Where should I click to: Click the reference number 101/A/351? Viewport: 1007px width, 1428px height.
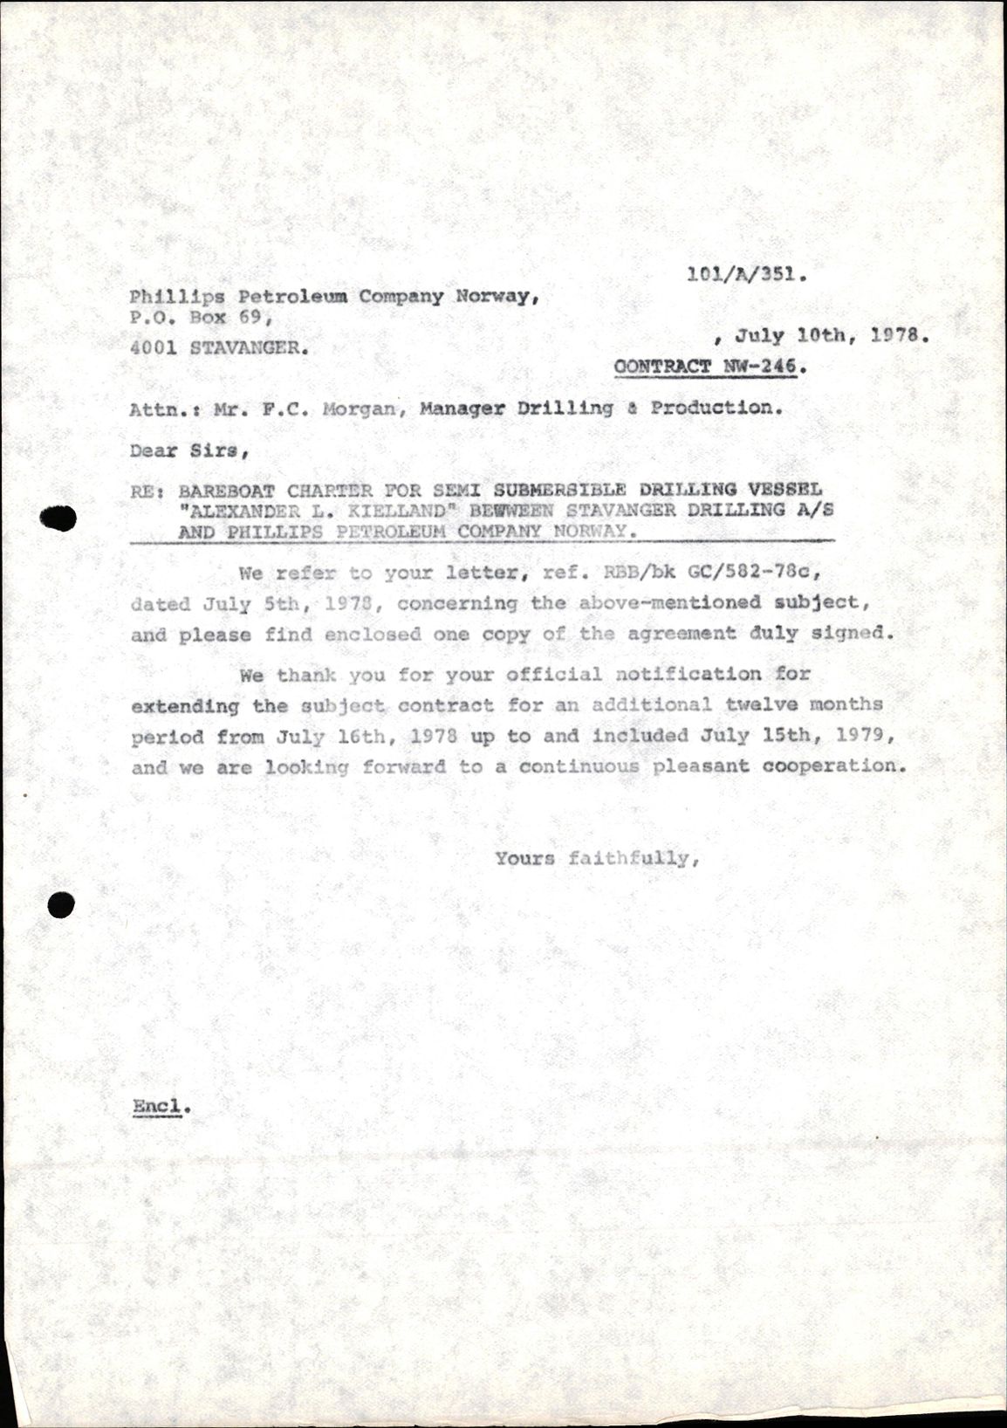pyautogui.click(x=746, y=275)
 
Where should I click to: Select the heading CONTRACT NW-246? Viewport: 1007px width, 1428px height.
pyautogui.click(x=710, y=367)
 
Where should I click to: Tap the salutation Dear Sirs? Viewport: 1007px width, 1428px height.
pyautogui.click(x=188, y=451)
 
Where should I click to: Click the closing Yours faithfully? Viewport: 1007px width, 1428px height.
pyautogui.click(x=598, y=859)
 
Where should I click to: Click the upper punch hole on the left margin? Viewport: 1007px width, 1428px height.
pyautogui.click(x=58, y=518)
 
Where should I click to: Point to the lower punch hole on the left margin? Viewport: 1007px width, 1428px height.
pyautogui.click(x=60, y=906)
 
